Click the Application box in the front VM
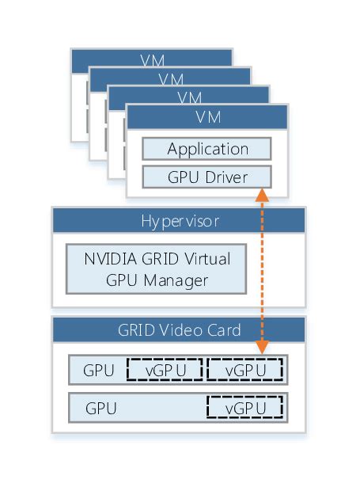coord(207,149)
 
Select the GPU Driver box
coord(207,176)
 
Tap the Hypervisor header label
coord(178,220)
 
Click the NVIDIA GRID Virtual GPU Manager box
coord(155,269)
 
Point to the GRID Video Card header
coord(178,329)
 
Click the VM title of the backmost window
coord(152,59)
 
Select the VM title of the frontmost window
coord(207,116)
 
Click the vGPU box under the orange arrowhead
coord(245,370)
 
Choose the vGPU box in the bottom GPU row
coord(245,408)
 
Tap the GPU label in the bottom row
coord(101,409)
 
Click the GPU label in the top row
coord(99,370)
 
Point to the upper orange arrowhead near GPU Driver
coord(263,195)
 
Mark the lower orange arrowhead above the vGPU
coord(263,347)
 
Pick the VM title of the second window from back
coord(170,78)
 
